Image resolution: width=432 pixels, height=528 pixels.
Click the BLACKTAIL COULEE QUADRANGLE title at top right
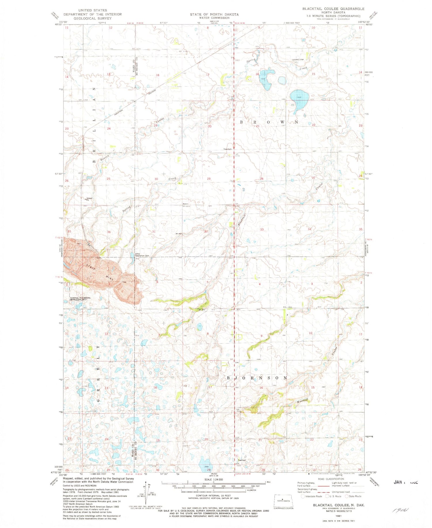click(x=333, y=9)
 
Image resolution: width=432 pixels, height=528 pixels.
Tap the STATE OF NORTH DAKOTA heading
click(x=214, y=14)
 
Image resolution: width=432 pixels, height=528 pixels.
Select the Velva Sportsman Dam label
click(x=142, y=255)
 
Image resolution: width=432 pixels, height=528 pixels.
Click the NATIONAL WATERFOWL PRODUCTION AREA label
click(x=78, y=299)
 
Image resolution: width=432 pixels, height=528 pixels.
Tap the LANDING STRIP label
click(x=298, y=60)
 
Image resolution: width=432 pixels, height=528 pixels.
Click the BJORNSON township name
click(x=257, y=378)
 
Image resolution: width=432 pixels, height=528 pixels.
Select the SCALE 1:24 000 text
click(x=213, y=479)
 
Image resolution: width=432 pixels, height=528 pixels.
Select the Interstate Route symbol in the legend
click(x=303, y=496)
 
